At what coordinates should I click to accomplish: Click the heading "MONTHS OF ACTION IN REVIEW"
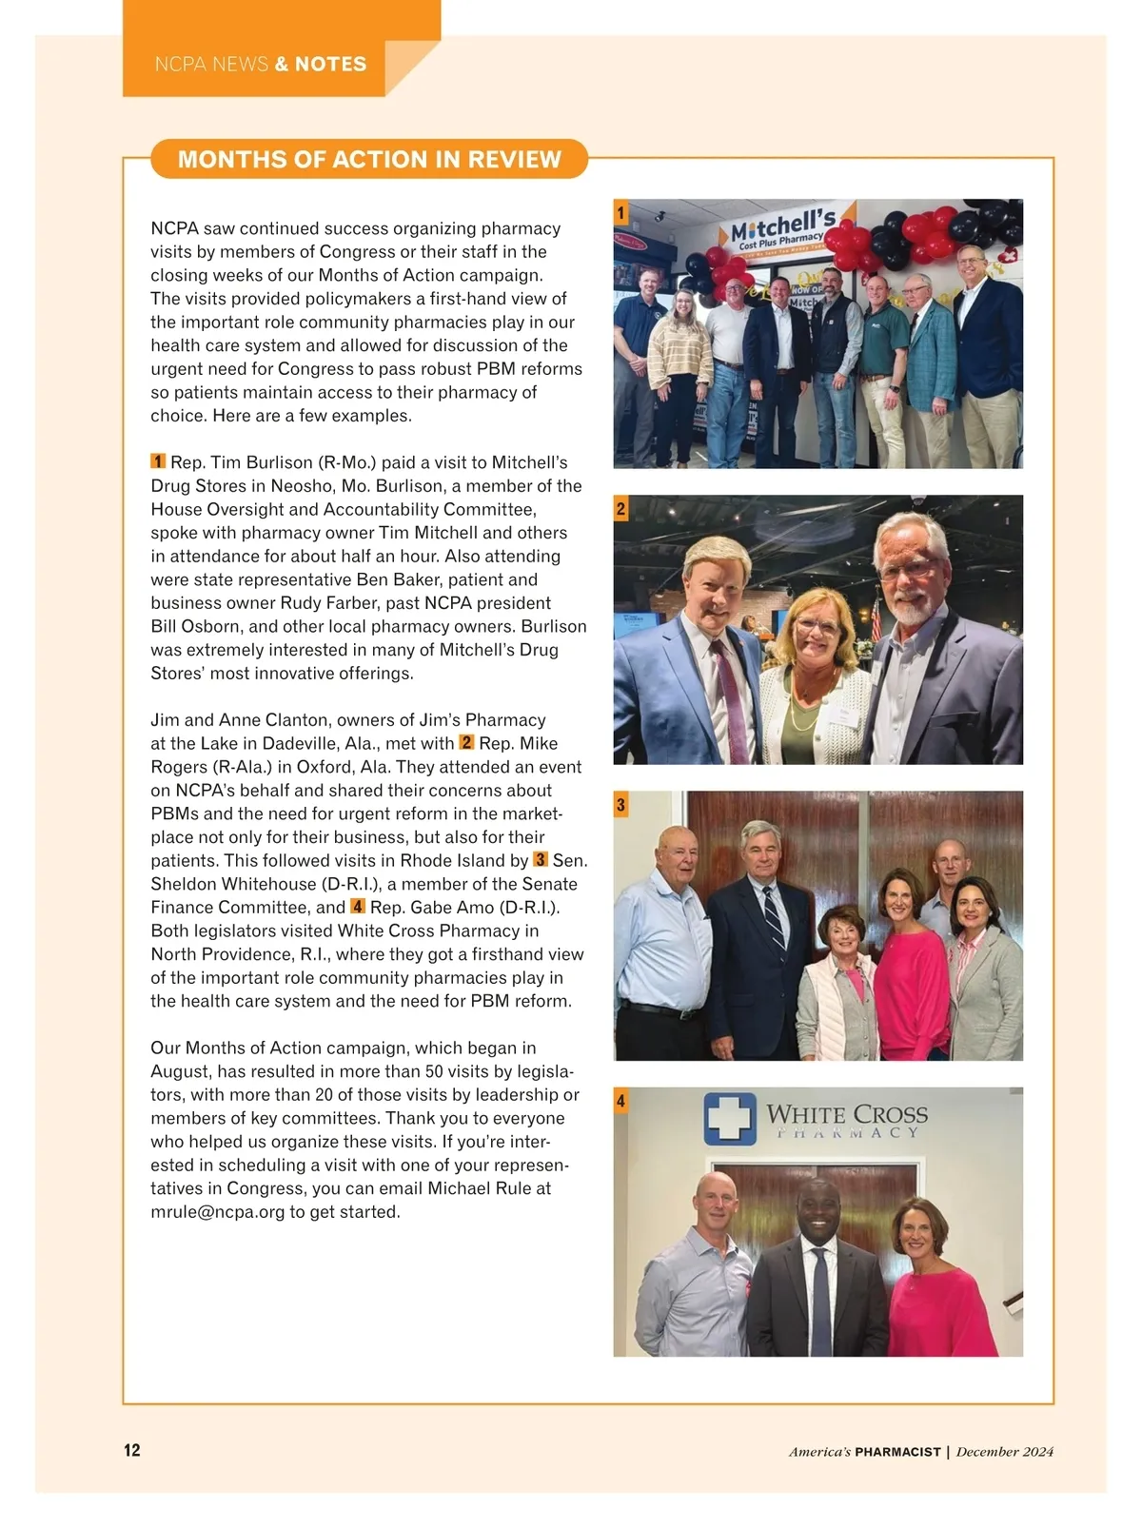click(369, 159)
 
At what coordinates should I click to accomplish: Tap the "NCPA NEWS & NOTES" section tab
click(260, 65)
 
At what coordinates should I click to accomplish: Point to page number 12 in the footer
click(131, 1450)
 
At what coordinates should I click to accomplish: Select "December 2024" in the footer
click(1005, 1452)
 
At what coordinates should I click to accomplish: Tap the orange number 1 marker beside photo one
click(620, 212)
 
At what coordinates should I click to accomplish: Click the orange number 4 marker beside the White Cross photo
click(620, 1102)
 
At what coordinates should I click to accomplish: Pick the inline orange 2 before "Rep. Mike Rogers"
click(466, 742)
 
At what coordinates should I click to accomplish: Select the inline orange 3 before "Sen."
click(541, 859)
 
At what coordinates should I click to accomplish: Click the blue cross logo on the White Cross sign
click(730, 1119)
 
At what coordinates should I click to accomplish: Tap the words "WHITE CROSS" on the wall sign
click(846, 1114)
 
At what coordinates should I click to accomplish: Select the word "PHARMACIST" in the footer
click(897, 1452)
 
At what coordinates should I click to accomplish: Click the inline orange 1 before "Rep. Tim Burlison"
click(158, 461)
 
